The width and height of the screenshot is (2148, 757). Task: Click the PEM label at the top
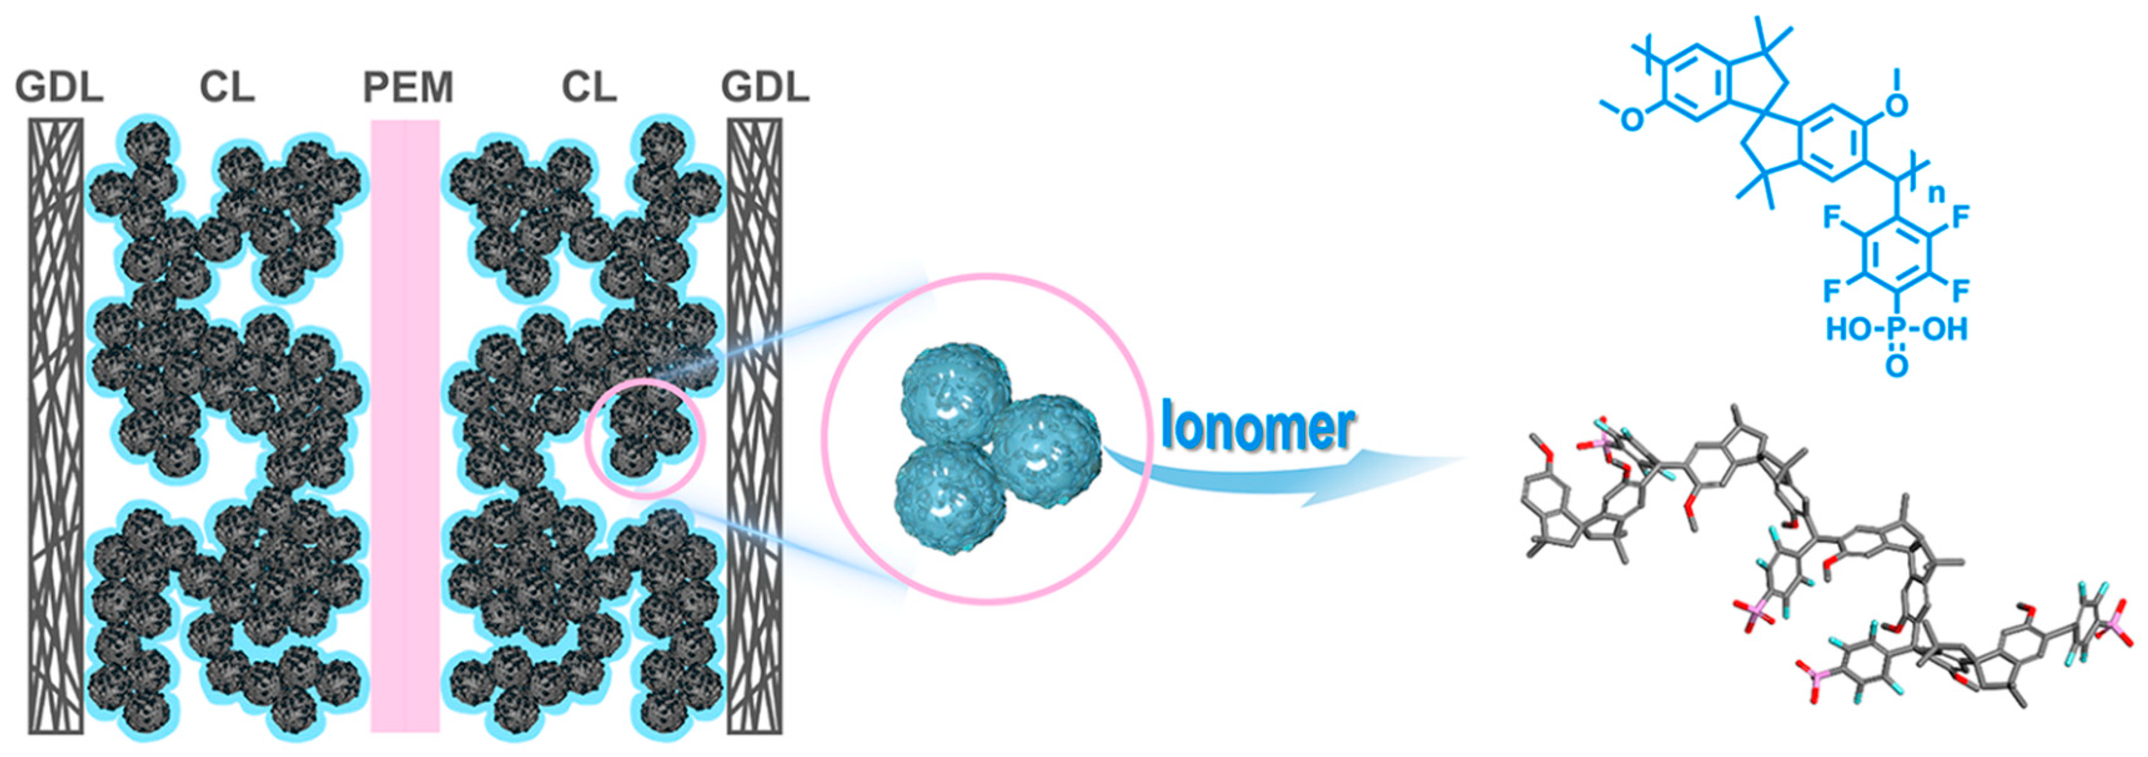tap(408, 87)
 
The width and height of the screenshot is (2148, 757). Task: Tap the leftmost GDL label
tap(59, 87)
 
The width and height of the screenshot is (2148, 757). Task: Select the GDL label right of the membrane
tap(765, 87)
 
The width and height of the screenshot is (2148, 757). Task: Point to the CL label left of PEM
tap(227, 87)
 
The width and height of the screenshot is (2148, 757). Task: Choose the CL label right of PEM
tap(589, 87)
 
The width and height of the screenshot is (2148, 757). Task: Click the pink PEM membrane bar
tap(405, 425)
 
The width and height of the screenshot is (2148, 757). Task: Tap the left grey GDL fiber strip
tap(57, 425)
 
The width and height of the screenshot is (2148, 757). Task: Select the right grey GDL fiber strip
tap(755, 425)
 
